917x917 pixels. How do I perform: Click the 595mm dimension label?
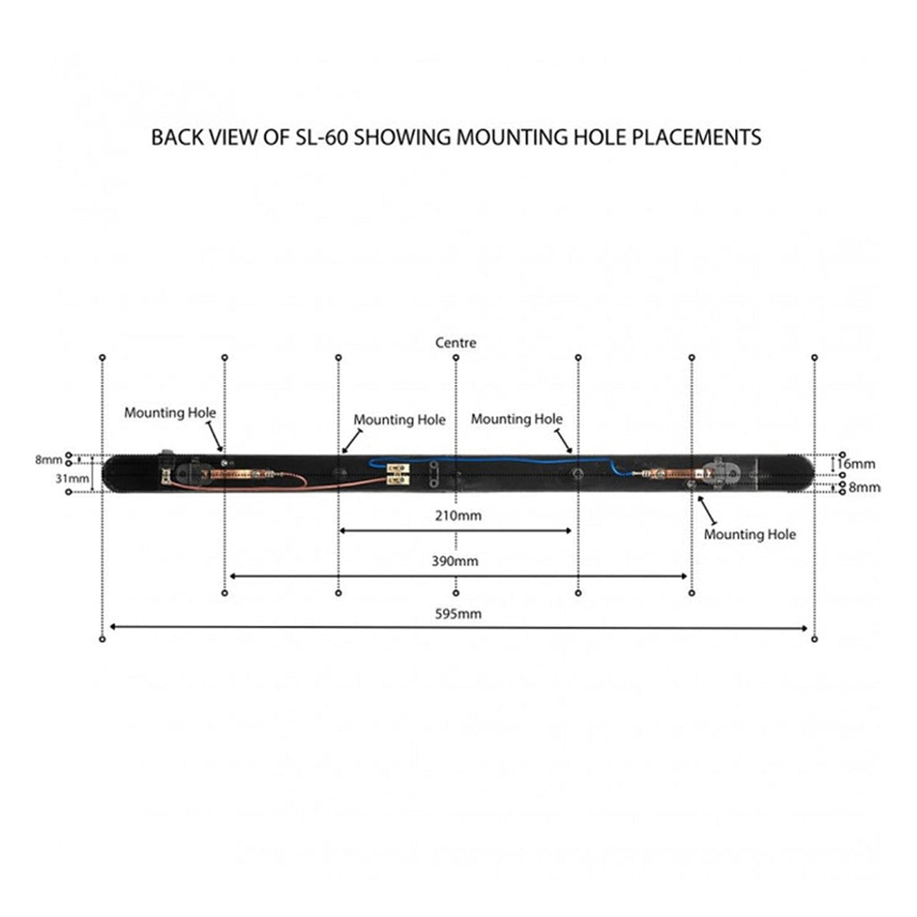458,613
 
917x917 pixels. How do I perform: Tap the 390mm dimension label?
455,561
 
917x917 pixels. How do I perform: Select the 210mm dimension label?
458,515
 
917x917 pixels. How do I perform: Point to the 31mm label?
72,478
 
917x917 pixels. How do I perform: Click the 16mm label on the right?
856,464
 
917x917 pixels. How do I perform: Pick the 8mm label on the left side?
48,459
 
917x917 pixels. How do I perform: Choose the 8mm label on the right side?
864,487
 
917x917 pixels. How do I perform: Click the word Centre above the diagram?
456,343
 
